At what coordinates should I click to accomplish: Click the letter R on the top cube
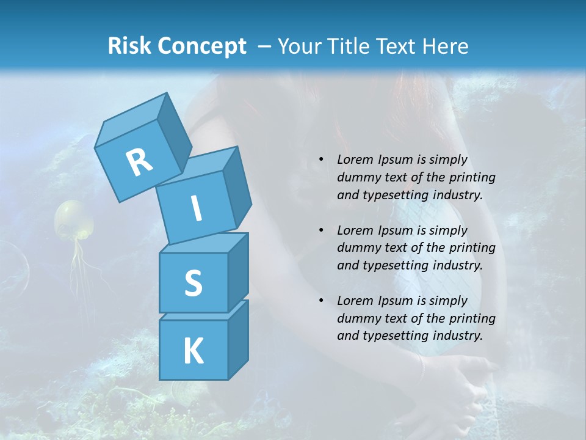[139, 163]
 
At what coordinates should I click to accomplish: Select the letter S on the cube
[193, 284]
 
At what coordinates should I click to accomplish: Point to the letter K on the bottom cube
[193, 351]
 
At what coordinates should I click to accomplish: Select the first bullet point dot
[321, 159]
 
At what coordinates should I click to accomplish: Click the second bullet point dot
[321, 230]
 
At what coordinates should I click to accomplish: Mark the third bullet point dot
[321, 301]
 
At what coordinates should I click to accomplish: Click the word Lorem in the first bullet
[355, 159]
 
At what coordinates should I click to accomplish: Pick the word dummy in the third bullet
[358, 318]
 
